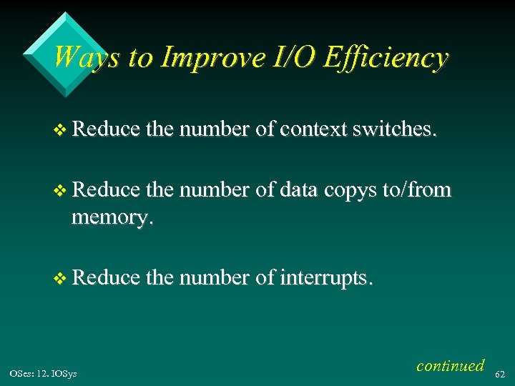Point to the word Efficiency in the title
click(x=386, y=57)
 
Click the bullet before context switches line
click(x=60, y=129)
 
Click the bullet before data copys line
click(x=60, y=191)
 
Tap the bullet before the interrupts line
click(x=60, y=277)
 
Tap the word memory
click(x=110, y=217)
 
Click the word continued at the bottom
click(x=450, y=365)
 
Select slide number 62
click(x=500, y=373)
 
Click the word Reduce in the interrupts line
click(x=105, y=277)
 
